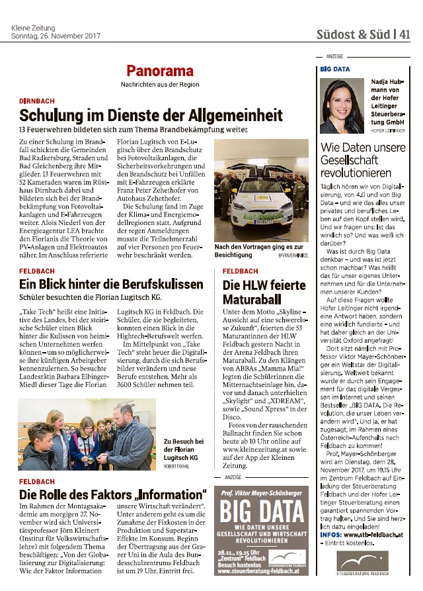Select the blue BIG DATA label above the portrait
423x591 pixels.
(x=334, y=68)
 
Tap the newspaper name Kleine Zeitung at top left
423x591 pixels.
(x=32, y=28)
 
